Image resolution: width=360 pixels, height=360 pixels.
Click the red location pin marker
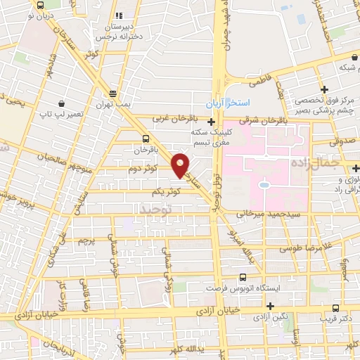[x=181, y=165]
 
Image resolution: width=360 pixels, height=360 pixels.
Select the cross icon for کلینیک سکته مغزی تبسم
[x=211, y=122]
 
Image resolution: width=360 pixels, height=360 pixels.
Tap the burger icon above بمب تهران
[x=112, y=93]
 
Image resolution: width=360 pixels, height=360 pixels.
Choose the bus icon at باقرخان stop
[x=146, y=139]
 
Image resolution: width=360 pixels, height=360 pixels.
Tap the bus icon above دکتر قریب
[x=335, y=308]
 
